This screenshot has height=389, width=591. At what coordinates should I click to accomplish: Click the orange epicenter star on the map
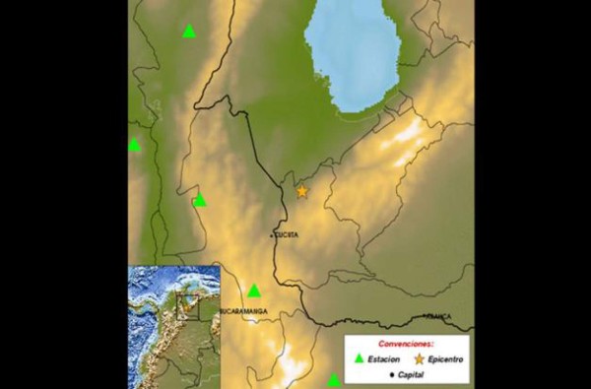[x=301, y=191]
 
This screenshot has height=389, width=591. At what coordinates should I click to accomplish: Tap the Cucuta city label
[x=287, y=234]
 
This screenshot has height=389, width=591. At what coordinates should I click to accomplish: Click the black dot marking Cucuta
[x=273, y=236]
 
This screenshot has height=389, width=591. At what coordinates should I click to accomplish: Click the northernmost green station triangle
[x=189, y=31]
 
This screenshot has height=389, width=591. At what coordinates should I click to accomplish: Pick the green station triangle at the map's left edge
[x=134, y=145]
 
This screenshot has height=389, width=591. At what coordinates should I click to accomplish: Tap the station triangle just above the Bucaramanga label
[x=253, y=291]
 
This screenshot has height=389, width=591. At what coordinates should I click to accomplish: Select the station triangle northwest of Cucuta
[x=200, y=200]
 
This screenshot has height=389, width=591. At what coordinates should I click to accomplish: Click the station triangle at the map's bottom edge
[x=333, y=380]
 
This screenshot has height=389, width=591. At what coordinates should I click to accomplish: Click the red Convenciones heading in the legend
[x=406, y=346]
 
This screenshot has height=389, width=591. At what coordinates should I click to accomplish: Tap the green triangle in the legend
[x=359, y=360]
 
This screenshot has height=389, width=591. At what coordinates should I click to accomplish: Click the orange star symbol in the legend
[x=419, y=360]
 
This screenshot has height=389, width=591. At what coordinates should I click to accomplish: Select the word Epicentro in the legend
[x=445, y=360]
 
